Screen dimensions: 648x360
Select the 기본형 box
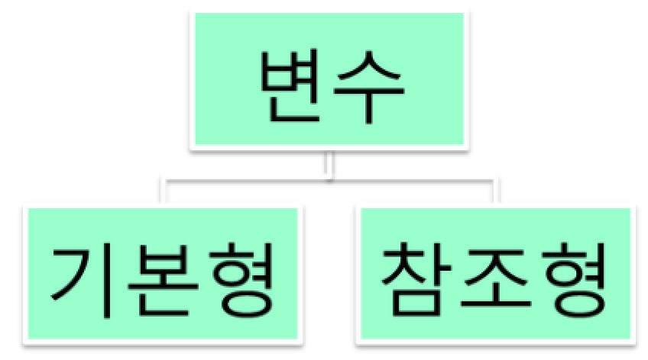click(162, 274)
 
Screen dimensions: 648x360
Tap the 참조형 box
click(495, 274)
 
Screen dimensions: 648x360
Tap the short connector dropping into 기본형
click(162, 191)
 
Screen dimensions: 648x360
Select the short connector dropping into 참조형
click(494, 191)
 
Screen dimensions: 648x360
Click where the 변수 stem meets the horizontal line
click(329, 181)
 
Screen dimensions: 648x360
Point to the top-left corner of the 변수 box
click(193, 14)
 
